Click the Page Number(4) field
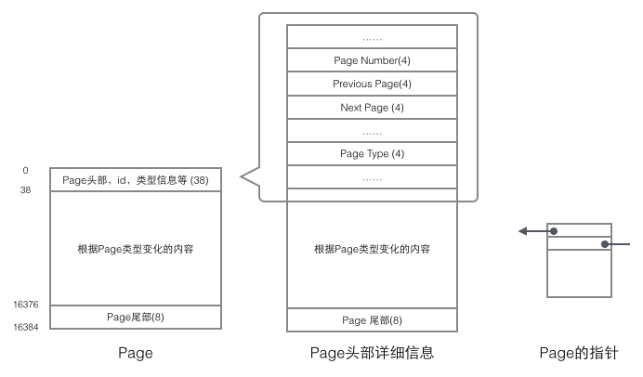372,60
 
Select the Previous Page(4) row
372,84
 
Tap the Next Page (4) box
372,108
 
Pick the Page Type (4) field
372,153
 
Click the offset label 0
25,171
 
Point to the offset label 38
25,190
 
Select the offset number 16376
25,305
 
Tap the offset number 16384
25,327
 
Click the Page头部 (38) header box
136,179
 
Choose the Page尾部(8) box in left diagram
136,318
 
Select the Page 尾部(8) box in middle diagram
372,320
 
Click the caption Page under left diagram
136,353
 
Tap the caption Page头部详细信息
372,353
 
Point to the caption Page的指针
579,353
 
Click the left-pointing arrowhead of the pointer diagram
522,231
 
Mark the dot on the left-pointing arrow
554,231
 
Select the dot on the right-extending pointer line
605,244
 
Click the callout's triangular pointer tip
241,177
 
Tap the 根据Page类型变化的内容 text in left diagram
136,249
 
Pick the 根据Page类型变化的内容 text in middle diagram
372,249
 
